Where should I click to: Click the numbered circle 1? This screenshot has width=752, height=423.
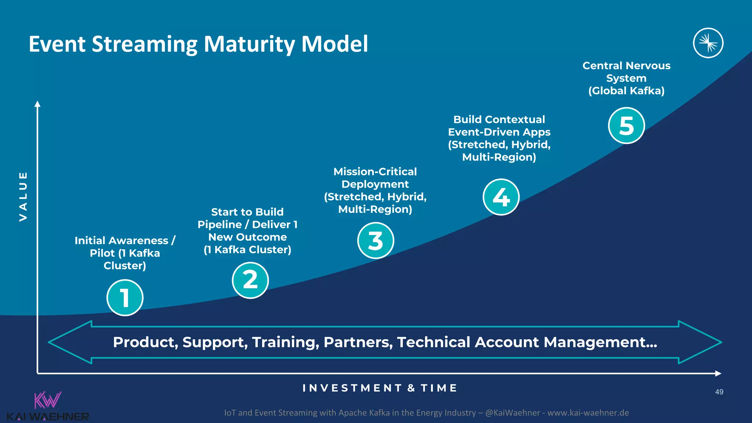(x=125, y=297)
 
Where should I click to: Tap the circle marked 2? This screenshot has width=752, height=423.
(x=250, y=280)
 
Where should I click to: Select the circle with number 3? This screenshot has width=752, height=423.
(x=376, y=241)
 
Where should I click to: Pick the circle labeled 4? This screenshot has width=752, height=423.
(x=501, y=197)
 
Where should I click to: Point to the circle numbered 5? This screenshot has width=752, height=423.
(x=626, y=126)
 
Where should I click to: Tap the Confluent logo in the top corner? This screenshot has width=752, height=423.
(x=708, y=43)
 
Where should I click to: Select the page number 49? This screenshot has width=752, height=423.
(x=719, y=392)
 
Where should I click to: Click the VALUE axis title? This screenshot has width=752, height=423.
(x=23, y=196)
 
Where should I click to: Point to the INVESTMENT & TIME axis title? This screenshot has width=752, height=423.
(x=380, y=388)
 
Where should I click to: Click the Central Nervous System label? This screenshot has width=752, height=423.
(x=626, y=78)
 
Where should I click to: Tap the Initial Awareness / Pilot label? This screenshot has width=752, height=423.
(x=125, y=253)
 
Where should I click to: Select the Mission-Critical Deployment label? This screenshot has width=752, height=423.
(x=375, y=190)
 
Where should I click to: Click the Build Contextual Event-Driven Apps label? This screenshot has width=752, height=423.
(x=499, y=138)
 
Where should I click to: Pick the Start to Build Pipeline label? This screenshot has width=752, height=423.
(x=247, y=231)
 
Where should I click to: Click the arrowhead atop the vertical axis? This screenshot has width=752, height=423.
(x=37, y=104)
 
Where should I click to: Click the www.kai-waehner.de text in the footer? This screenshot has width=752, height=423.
(x=588, y=413)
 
